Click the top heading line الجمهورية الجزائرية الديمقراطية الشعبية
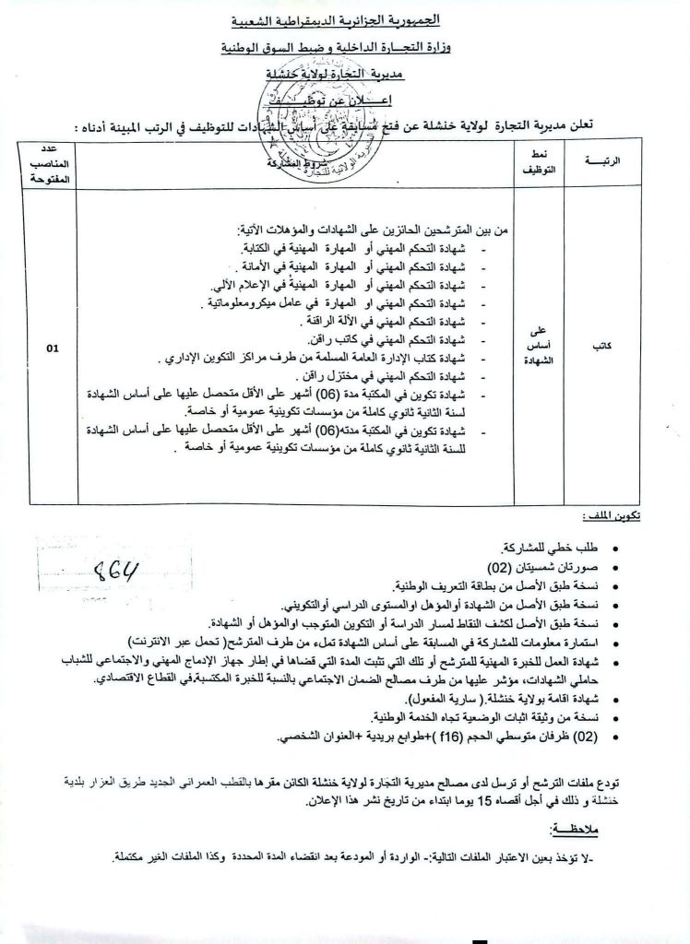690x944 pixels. [347, 18]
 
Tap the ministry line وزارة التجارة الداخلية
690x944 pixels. [348, 45]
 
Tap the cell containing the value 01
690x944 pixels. [52, 348]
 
